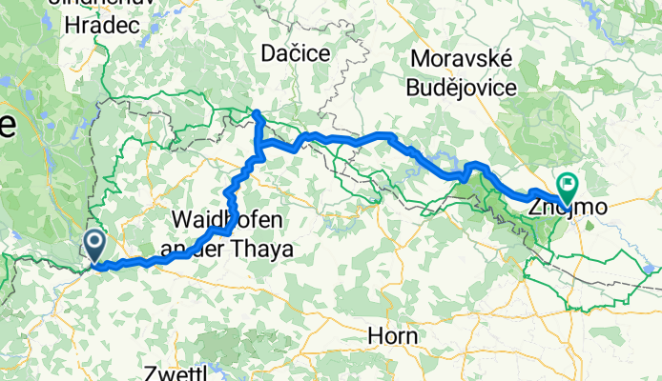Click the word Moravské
click(463, 59)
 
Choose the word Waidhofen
click(227, 221)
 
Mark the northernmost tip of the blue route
click(256, 113)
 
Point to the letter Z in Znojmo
click(535, 205)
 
